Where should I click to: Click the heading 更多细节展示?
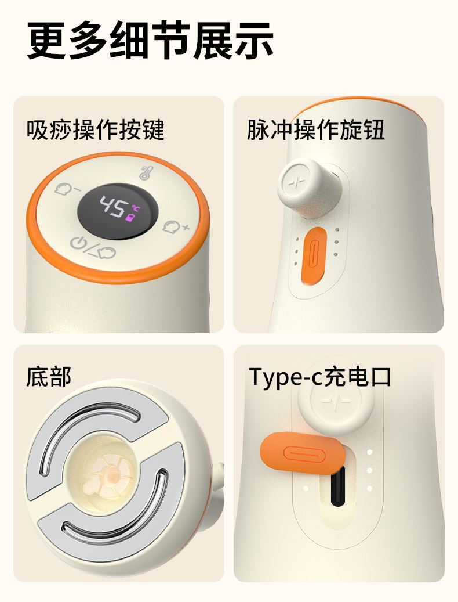(x=150, y=40)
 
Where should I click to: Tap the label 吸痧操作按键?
(x=96, y=129)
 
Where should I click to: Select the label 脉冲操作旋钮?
(x=315, y=129)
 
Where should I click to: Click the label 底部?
(x=49, y=377)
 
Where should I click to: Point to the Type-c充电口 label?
(x=319, y=377)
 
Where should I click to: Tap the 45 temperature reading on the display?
(x=112, y=207)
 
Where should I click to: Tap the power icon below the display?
(x=78, y=243)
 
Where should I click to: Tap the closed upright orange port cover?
(x=314, y=255)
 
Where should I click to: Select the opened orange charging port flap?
(x=303, y=453)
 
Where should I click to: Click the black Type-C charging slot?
(x=337, y=486)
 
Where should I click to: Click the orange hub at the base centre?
(x=113, y=475)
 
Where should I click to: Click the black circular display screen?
(x=118, y=211)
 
